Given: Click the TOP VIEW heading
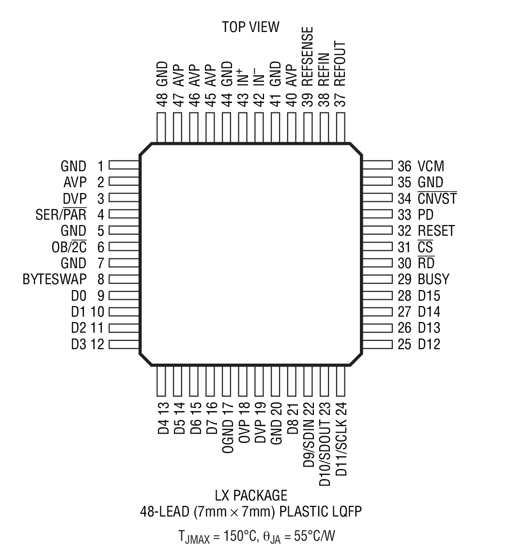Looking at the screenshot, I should [250, 28].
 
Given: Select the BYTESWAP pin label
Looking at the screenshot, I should [54, 279].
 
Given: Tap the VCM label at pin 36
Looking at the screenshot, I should [431, 166].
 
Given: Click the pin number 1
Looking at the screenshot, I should [100, 166].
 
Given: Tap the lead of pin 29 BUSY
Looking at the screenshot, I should [377, 279].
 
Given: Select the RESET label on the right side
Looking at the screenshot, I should [436, 231].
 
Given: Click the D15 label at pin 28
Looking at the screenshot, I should [429, 296].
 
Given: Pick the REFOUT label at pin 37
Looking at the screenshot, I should [341, 64].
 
